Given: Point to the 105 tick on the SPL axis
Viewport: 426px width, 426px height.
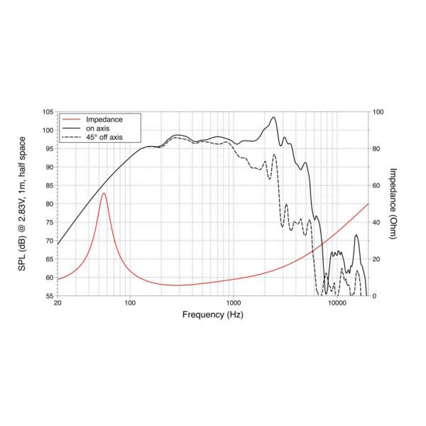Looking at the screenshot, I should [48, 112].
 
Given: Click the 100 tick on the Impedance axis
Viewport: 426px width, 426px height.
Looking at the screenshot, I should [378, 112].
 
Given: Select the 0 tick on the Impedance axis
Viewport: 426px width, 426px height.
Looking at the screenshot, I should [376, 296].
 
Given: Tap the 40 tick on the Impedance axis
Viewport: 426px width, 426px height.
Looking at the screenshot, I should [377, 222].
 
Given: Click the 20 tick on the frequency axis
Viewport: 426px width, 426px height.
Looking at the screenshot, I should [58, 304].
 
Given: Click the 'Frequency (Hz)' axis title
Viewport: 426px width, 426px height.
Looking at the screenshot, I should [213, 315].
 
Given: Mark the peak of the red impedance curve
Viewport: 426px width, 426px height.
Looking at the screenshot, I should [104, 193].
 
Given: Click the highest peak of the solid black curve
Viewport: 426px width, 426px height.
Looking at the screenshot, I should [273, 118].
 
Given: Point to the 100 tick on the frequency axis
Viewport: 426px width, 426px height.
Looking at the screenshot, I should [130, 304].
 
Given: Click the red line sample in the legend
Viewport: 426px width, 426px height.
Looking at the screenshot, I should [71, 119].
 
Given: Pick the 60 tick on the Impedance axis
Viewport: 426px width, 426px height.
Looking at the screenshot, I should [377, 185].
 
